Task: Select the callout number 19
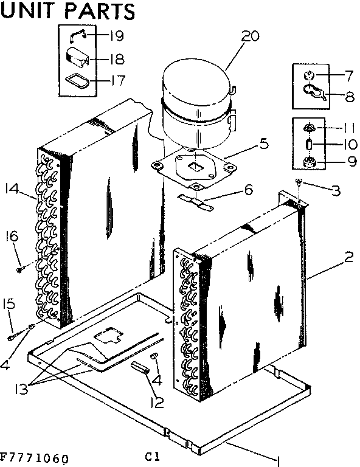117,35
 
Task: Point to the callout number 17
117,80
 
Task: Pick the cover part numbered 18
77,59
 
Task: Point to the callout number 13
22,389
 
